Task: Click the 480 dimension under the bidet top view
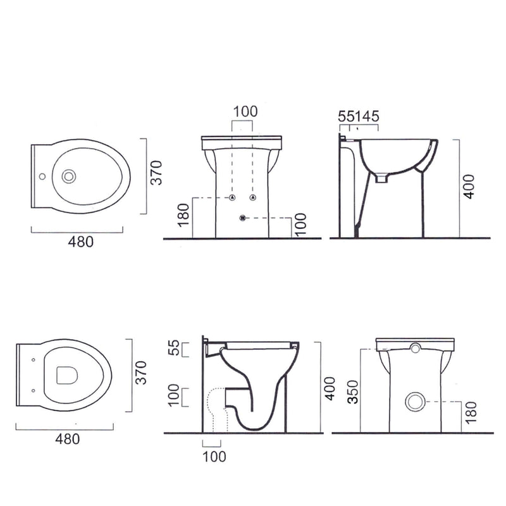click(81, 242)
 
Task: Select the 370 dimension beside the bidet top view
click(157, 173)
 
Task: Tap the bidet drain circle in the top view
click(69, 176)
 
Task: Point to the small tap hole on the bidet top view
click(42, 176)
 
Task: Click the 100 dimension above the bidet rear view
click(245, 112)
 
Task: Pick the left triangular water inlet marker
click(232, 197)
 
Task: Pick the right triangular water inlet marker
click(253, 197)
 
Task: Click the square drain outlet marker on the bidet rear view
click(243, 218)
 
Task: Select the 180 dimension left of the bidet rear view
click(183, 215)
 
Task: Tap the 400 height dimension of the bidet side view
click(469, 187)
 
